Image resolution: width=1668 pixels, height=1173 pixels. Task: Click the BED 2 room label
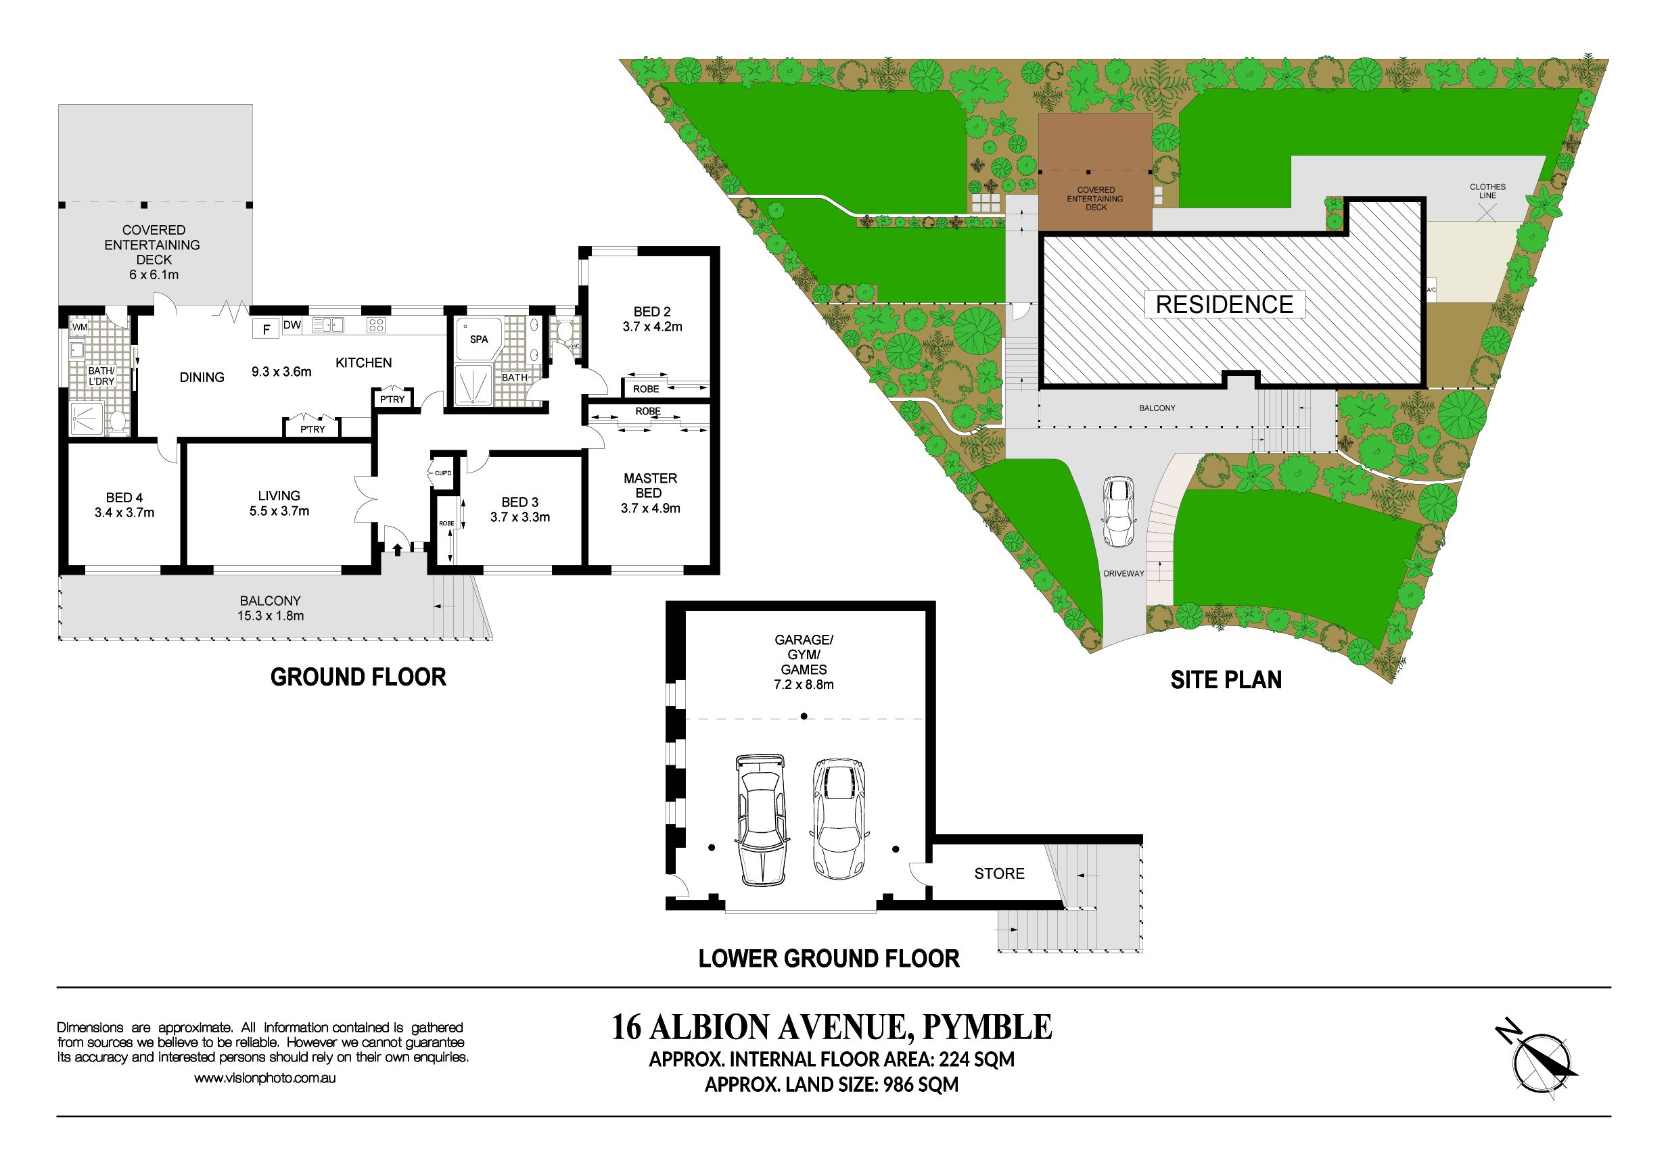(651, 312)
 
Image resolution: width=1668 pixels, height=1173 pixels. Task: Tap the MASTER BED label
(650, 485)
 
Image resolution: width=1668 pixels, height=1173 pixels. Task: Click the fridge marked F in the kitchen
(267, 330)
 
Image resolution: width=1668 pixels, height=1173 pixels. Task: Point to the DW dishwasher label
(292, 325)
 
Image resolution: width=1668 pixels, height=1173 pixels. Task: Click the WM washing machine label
(79, 327)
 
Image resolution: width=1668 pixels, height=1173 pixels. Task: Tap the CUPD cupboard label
(443, 473)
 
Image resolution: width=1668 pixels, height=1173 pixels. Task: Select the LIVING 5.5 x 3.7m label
(279, 503)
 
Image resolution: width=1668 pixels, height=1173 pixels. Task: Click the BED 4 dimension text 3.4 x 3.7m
(124, 512)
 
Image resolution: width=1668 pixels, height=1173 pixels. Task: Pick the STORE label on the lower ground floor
(999, 873)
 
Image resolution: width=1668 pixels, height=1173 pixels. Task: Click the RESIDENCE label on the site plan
(1224, 304)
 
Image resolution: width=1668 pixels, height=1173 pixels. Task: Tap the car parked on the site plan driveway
(1118, 511)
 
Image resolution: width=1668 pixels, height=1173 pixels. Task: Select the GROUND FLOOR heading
(358, 677)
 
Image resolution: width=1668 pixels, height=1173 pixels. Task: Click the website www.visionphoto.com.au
(264, 1078)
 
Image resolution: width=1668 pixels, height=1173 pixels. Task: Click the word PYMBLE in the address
(987, 1027)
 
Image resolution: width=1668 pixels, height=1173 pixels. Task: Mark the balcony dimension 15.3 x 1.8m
(271, 616)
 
